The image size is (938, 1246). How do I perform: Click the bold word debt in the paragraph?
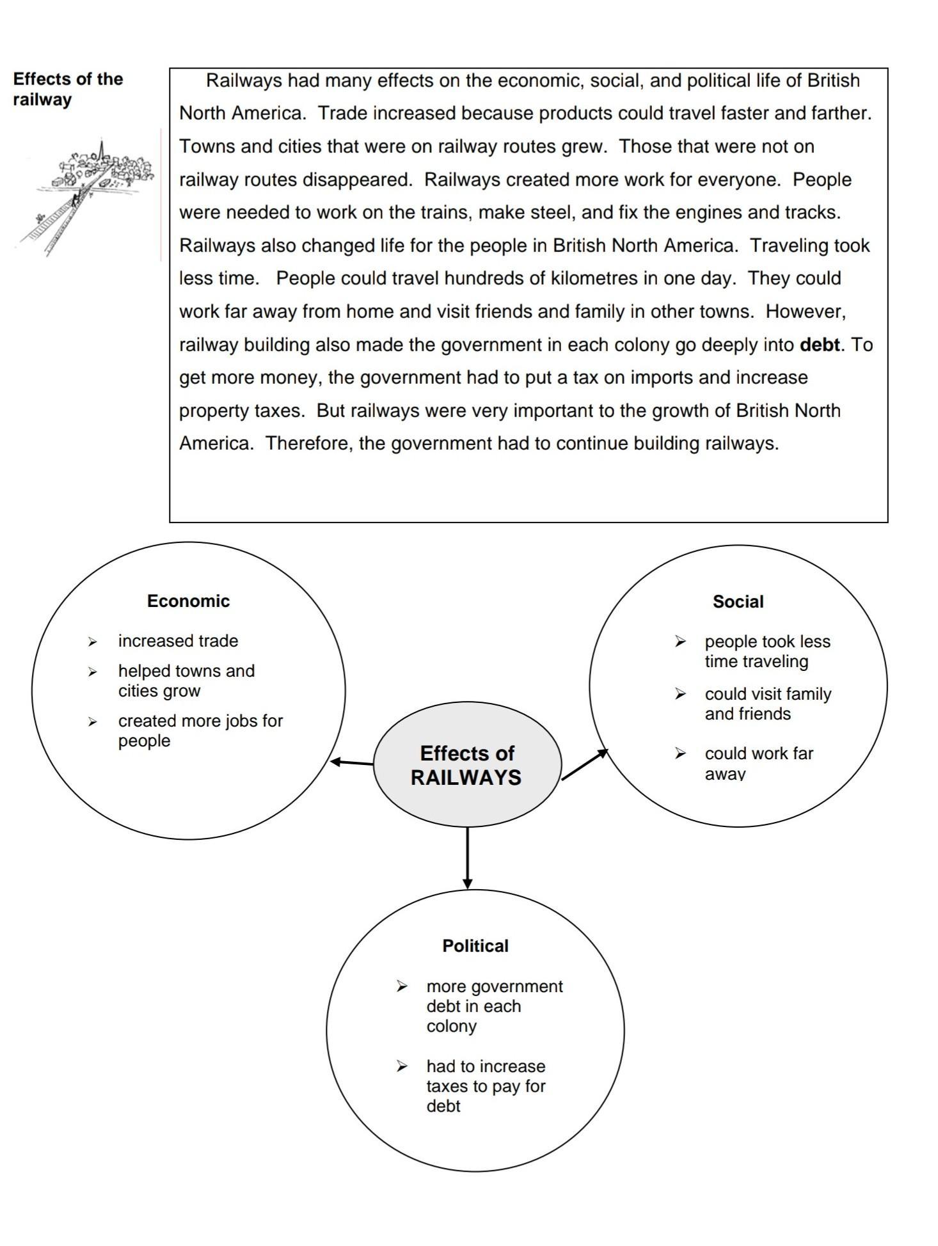pyautogui.click(x=819, y=345)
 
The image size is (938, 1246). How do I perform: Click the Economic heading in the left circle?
pyautogui.click(x=188, y=601)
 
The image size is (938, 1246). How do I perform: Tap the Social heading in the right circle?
pyautogui.click(x=738, y=602)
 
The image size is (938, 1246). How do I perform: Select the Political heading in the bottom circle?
pyautogui.click(x=475, y=946)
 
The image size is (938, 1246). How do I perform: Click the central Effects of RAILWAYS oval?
pyautogui.click(x=466, y=765)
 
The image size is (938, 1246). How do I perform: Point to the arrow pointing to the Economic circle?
pyautogui.click(x=351, y=762)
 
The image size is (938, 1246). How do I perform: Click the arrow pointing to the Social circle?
pyautogui.click(x=584, y=764)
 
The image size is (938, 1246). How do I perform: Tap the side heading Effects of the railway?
pyautogui.click(x=67, y=90)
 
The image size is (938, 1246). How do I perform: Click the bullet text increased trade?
pyautogui.click(x=178, y=641)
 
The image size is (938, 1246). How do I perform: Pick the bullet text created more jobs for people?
pyautogui.click(x=200, y=730)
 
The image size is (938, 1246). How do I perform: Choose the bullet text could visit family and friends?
pyautogui.click(x=767, y=704)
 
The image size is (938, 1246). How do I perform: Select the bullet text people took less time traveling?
pyautogui.click(x=767, y=651)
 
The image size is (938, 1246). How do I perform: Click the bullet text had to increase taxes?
pyautogui.click(x=486, y=1086)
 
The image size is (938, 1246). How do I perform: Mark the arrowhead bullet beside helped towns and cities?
pyautogui.click(x=93, y=672)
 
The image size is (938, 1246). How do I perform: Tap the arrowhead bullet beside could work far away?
pyautogui.click(x=680, y=754)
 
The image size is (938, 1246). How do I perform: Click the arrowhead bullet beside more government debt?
pyautogui.click(x=402, y=986)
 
